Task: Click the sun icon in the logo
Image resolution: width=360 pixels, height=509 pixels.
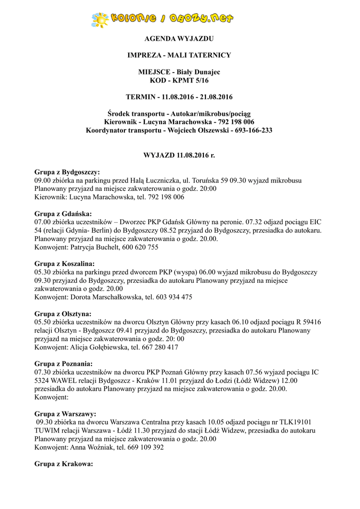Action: (x=100, y=19)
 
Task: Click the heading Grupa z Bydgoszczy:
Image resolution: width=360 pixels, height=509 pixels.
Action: (x=67, y=172)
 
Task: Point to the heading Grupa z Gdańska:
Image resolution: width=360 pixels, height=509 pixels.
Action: (x=63, y=214)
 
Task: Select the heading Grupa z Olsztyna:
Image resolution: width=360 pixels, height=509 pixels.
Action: (x=63, y=314)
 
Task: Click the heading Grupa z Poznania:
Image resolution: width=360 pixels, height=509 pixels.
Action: (x=64, y=363)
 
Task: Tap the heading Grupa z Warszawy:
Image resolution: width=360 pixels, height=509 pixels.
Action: (x=65, y=414)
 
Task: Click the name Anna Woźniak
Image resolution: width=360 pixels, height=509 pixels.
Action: (x=91, y=447)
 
